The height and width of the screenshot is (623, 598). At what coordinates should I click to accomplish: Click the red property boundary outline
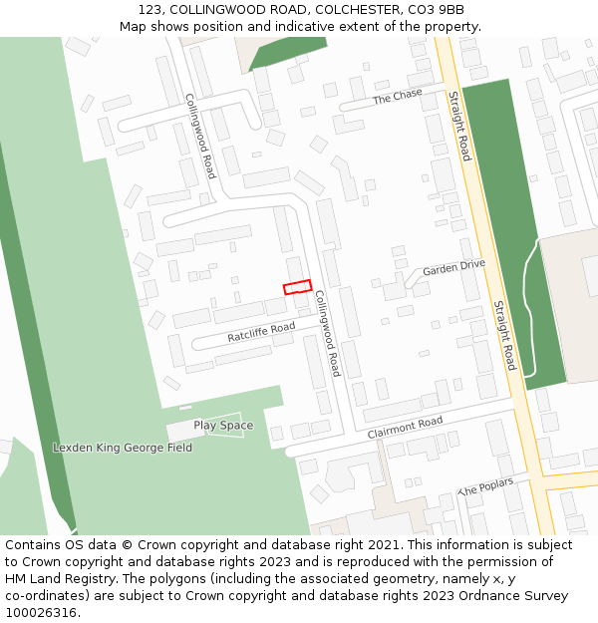(297, 287)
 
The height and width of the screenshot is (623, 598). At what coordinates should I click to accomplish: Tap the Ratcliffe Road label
(261, 332)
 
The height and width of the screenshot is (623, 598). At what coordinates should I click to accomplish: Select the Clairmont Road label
(405, 429)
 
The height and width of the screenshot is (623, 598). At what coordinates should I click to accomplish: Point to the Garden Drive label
(453, 267)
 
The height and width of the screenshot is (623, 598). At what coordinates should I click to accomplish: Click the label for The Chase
(398, 97)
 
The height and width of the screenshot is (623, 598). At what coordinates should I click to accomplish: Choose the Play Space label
(223, 426)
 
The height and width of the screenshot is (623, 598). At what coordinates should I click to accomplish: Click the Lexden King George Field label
(123, 448)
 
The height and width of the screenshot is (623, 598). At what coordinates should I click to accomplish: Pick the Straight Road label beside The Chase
(458, 126)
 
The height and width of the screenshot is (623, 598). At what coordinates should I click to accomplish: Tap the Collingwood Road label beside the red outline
(328, 333)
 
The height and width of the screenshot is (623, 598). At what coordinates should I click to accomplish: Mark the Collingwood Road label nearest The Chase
(200, 137)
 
